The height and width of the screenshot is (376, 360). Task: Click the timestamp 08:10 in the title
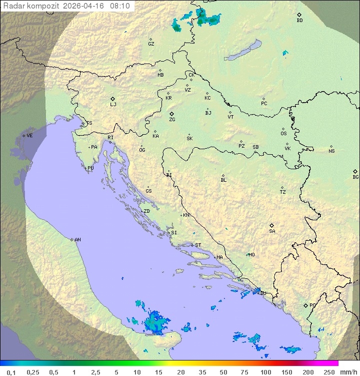(x=120, y=6)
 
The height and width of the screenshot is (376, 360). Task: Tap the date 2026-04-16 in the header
(x=86, y=6)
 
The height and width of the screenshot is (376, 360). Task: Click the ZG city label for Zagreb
(x=172, y=120)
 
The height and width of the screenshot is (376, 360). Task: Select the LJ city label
(x=113, y=105)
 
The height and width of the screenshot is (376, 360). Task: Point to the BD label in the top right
(x=299, y=21)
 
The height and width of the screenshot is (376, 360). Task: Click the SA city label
(x=272, y=231)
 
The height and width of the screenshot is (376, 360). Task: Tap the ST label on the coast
(x=198, y=245)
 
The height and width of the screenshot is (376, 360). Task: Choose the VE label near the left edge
(x=29, y=136)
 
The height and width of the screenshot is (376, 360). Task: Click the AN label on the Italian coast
(x=77, y=240)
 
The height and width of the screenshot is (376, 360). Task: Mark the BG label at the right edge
(x=355, y=177)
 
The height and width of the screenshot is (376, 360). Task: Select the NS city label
(x=331, y=151)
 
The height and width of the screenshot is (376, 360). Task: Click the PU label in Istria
(x=90, y=168)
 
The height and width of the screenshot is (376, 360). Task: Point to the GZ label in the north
(x=151, y=44)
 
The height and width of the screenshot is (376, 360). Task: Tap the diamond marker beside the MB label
(x=160, y=71)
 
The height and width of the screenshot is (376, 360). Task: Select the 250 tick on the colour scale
(x=329, y=372)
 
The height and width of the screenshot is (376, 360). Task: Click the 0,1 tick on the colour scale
(x=10, y=372)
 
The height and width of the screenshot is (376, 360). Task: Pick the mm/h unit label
(x=348, y=372)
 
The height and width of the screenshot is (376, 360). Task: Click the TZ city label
(x=283, y=192)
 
